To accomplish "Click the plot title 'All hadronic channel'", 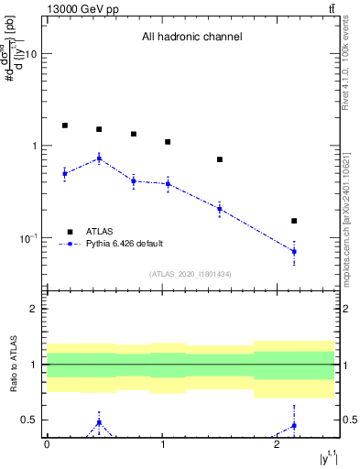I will click(191, 38).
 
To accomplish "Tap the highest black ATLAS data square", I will click(65, 125).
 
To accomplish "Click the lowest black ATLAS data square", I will click(294, 221).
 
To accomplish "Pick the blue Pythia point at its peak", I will click(99, 158).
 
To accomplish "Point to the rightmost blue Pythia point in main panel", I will click(294, 251).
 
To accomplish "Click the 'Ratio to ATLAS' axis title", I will click(13, 364).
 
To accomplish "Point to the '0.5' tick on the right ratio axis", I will click(349, 420).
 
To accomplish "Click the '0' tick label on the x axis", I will click(47, 443).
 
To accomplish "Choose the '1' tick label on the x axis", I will click(162, 443).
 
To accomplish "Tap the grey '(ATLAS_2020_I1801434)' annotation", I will click(191, 274).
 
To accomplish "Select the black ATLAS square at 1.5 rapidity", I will click(220, 159).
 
